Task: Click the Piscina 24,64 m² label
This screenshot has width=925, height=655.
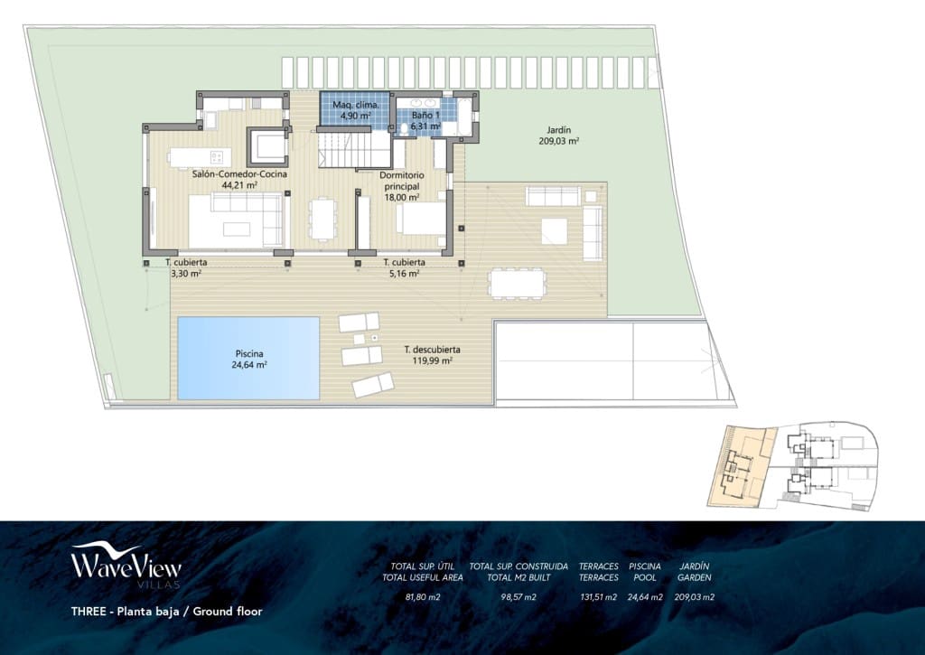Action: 249,360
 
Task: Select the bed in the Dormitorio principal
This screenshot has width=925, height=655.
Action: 421,219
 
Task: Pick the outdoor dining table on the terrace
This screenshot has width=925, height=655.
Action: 518,283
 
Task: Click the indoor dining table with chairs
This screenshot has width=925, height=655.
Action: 323,218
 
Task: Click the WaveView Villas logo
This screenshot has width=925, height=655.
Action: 126,566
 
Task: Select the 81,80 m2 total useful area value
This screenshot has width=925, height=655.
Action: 423,596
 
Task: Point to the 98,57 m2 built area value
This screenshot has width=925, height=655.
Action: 519,596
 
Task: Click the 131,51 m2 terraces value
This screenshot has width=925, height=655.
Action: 598,596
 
